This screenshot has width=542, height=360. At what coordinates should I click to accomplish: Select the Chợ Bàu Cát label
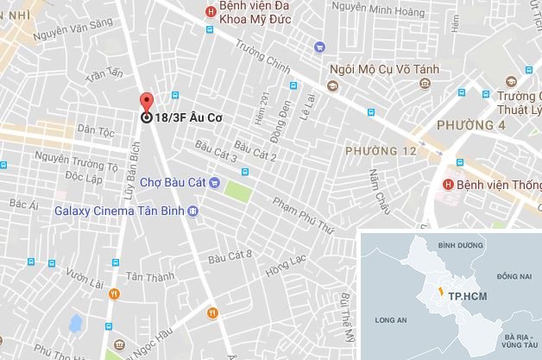tap(173, 182)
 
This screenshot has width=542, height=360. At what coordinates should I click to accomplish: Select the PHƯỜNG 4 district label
tap(471, 124)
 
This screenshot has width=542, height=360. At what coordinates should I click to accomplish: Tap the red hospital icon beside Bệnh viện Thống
tap(448, 185)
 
